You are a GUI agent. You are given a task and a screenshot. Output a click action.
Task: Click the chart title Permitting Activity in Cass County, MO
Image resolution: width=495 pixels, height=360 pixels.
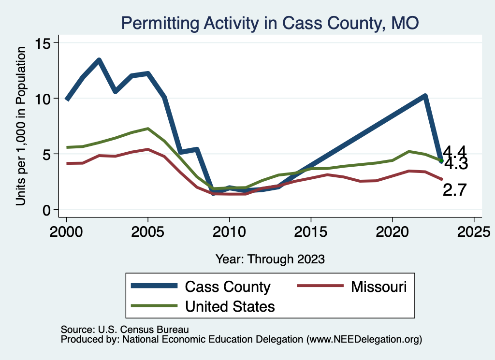[x=270, y=23]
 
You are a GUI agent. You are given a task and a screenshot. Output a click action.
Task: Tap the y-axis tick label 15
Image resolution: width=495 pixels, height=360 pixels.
[x=46, y=43]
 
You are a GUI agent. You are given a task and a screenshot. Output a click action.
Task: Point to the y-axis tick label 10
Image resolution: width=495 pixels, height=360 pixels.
[x=46, y=99]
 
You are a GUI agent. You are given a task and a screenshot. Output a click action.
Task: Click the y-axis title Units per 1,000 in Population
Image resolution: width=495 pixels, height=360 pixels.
[x=21, y=127]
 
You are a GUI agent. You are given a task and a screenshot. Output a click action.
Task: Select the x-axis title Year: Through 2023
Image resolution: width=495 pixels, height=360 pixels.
[x=270, y=259]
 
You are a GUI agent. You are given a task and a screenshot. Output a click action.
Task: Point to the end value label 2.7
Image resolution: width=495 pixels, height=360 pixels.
[x=455, y=190]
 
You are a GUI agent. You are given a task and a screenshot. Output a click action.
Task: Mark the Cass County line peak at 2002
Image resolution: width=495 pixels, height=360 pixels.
[x=99, y=60]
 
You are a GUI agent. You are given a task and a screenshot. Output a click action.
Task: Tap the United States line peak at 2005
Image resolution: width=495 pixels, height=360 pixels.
[x=148, y=129]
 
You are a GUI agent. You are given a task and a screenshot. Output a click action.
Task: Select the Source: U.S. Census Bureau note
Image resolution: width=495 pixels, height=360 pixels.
[x=124, y=329]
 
